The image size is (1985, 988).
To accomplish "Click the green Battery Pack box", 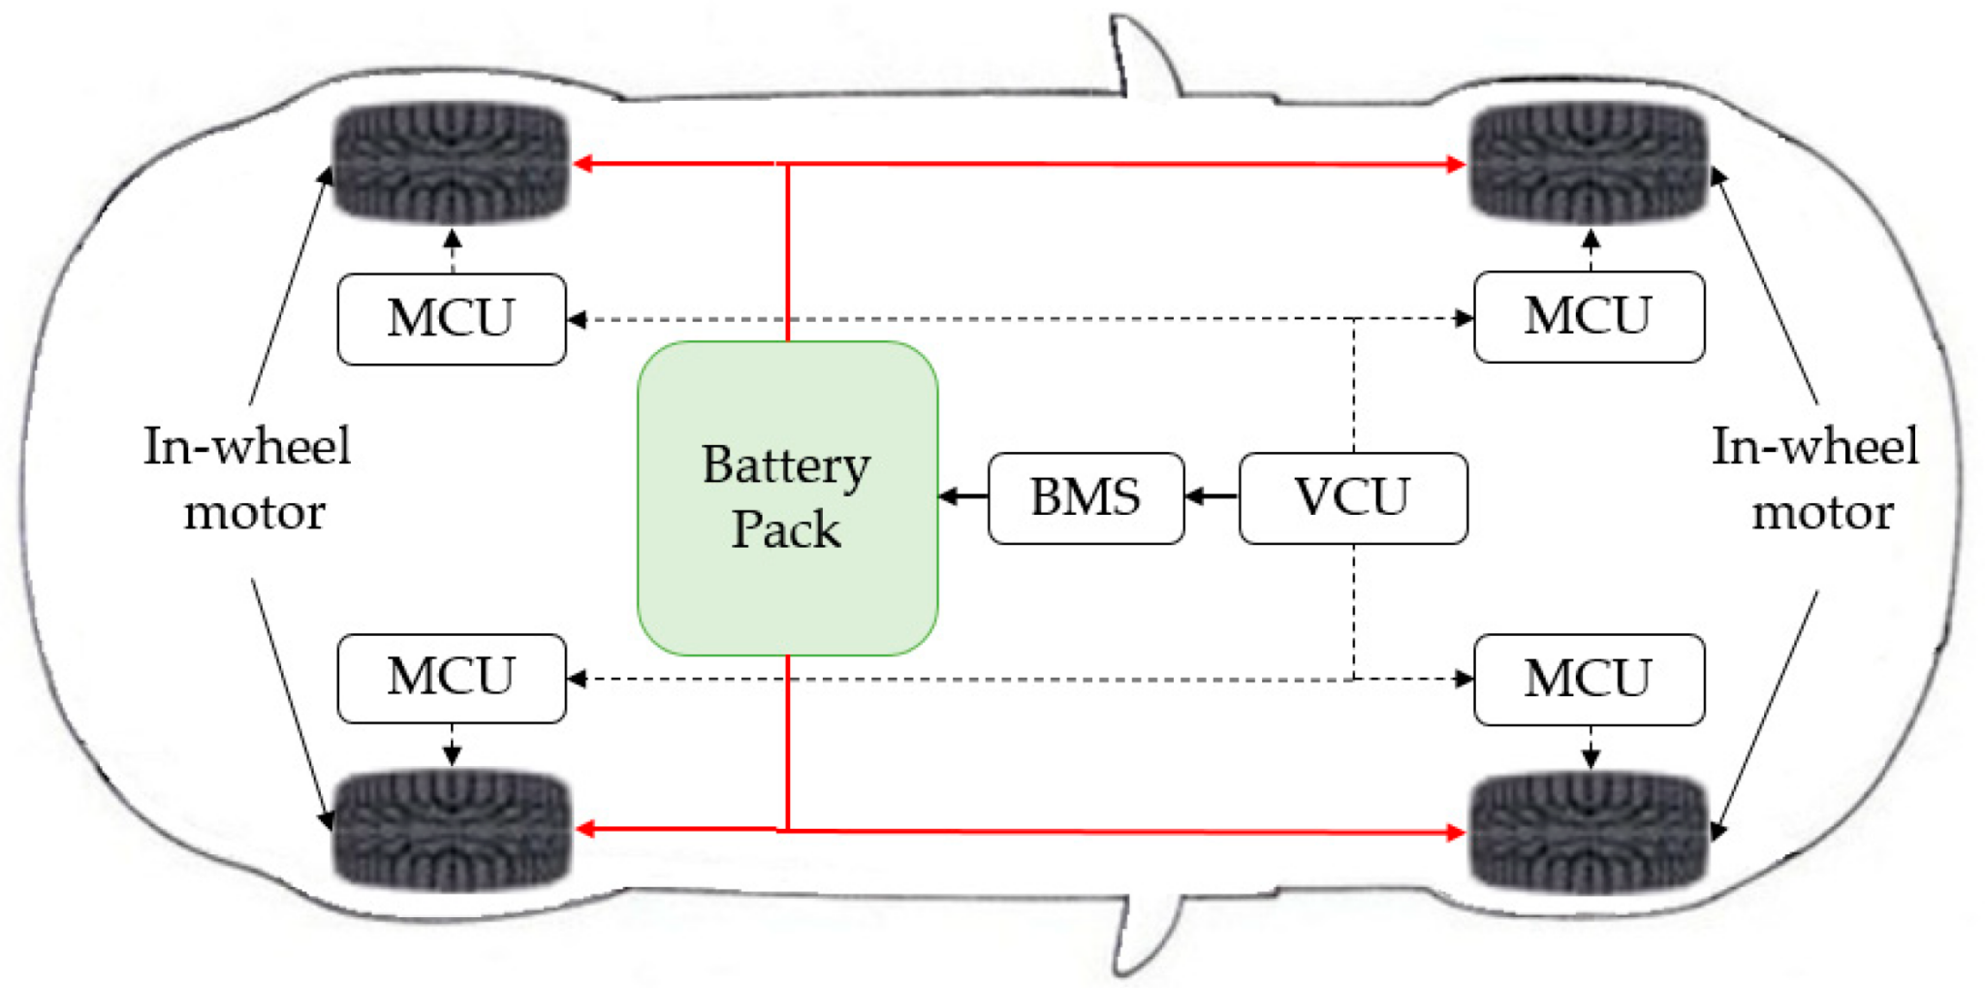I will point(787,497).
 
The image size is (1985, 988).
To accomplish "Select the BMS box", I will point(1086,497).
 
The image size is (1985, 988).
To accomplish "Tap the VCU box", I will point(1352,497).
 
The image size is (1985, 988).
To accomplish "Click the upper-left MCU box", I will point(452,319).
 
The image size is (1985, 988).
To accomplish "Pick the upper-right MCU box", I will point(1589,317).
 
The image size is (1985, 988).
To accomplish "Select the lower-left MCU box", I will point(452,678).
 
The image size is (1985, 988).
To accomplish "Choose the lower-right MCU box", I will point(1589,679).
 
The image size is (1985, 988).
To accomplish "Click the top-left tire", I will point(452,162).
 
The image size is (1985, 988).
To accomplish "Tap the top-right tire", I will point(1589,162).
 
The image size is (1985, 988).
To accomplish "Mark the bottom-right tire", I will point(1589,831).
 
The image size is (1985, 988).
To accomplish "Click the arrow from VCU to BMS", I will point(1212,496).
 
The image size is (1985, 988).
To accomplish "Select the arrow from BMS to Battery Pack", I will point(962,496).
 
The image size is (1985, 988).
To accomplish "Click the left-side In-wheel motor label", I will point(248,479).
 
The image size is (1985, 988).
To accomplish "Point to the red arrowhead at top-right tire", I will point(1455,164).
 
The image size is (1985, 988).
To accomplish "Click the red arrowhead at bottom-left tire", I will point(585,829).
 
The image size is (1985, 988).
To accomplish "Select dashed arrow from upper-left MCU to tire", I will point(452,249).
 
